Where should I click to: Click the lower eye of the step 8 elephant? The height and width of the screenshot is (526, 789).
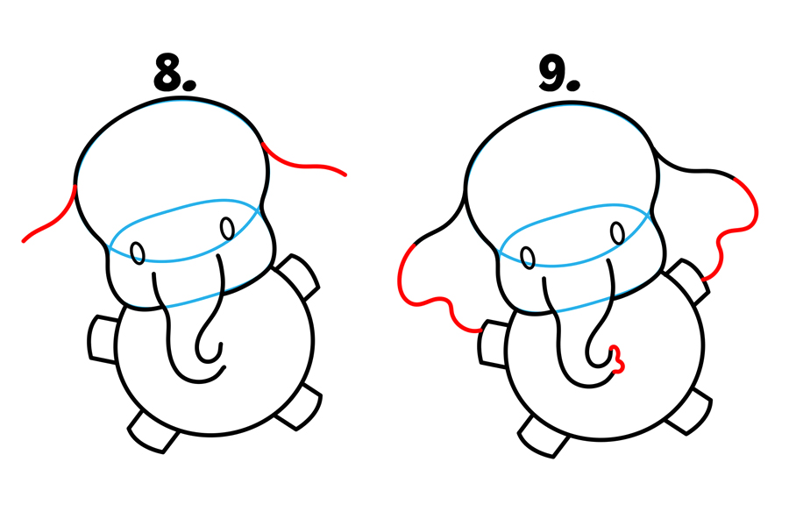(138, 252)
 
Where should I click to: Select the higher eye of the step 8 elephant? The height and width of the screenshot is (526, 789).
(227, 229)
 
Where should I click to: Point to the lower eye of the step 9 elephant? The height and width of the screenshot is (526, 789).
(528, 257)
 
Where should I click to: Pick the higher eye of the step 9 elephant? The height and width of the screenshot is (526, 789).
(617, 233)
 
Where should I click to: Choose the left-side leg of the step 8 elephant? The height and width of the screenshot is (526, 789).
(103, 338)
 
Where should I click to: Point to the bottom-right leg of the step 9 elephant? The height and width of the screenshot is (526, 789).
(688, 412)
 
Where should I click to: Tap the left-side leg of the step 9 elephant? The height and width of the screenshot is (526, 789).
(493, 344)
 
